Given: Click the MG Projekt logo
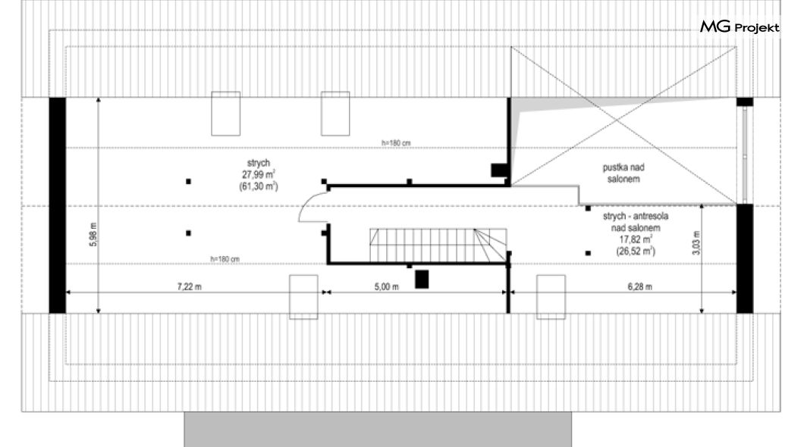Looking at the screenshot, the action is (740, 27).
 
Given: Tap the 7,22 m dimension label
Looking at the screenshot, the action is (189, 286).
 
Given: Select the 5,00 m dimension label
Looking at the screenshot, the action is (386, 286).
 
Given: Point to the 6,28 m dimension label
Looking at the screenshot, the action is (639, 286).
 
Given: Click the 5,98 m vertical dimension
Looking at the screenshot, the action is (93, 235).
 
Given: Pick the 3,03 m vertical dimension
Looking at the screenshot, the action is (696, 242).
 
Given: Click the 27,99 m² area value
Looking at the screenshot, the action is (259, 174).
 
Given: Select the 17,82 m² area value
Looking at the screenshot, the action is (636, 239).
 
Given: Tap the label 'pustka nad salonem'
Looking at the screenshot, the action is (623, 173).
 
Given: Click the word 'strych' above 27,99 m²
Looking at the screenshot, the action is (259, 164).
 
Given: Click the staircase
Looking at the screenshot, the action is (438, 245).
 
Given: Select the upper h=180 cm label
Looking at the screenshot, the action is (396, 143).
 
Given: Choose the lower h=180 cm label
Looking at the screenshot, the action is (225, 259).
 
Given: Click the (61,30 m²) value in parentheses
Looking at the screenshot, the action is (259, 186).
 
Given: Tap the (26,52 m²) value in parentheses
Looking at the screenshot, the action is (636, 251).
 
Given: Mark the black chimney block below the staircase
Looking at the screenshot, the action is (422, 280).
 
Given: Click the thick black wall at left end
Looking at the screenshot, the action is (58, 205).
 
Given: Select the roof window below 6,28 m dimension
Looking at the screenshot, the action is (551, 297).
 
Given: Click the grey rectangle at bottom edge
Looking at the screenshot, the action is (378, 430).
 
